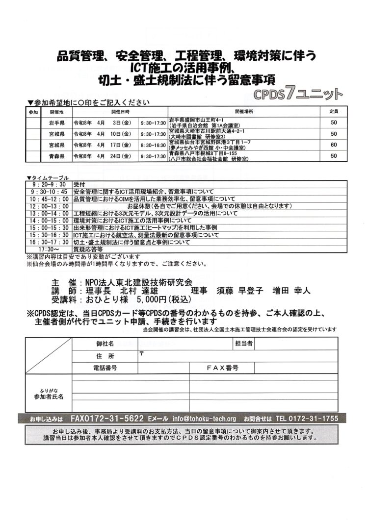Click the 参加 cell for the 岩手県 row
tap(33, 123)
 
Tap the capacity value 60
tap(334, 145)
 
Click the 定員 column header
tap(334, 112)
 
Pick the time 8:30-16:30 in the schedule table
tap(153, 145)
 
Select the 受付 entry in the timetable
tap(79, 183)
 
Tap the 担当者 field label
tap(243, 344)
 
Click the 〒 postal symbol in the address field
tap(141, 353)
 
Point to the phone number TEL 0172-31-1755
tap(307, 419)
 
